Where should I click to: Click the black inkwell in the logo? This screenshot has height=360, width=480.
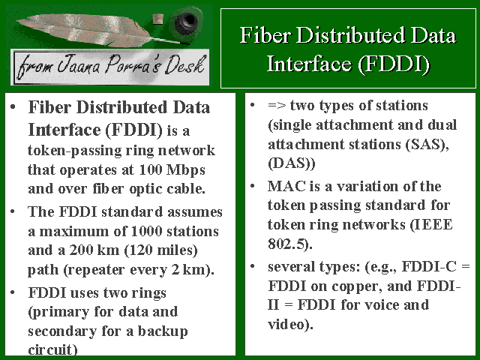pos(185,22)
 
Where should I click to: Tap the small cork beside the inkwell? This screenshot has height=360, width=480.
pos(157,19)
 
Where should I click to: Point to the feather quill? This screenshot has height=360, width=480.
pos(98,30)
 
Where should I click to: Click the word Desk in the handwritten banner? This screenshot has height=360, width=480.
pos(184,65)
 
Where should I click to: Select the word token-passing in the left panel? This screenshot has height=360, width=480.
pos(76,151)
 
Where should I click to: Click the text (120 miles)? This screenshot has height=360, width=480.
pos(161,250)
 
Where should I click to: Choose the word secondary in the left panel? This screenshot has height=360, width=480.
pos(62,331)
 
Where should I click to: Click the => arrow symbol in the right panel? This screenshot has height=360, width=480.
pos(277,105)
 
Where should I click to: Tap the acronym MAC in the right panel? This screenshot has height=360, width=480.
pos(286,186)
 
